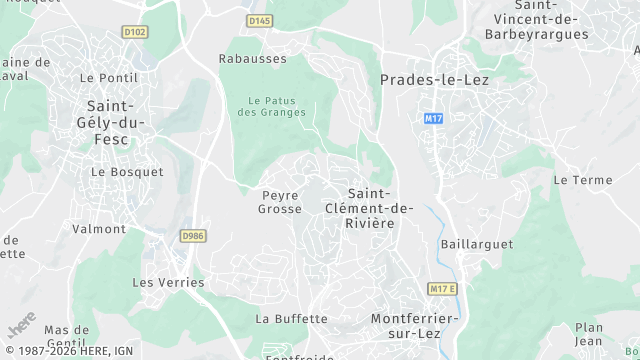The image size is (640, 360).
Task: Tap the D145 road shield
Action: (x=259, y=20)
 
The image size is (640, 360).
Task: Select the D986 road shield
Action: (x=193, y=236)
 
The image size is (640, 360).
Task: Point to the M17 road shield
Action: (x=433, y=118)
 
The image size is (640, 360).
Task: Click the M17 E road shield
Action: (x=441, y=289)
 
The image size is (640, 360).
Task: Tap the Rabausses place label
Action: (x=252, y=59)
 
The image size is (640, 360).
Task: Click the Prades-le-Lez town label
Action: (x=434, y=79)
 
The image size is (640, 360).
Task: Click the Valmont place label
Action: (x=99, y=229)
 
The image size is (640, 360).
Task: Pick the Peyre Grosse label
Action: (x=280, y=202)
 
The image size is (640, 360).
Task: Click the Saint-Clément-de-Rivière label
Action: (x=369, y=208)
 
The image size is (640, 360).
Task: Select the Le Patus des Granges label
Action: (x=277, y=106)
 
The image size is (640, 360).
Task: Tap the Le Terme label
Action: (x=582, y=180)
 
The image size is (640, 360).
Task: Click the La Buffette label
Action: (x=291, y=319)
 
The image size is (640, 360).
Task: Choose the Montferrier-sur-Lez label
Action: (x=414, y=325)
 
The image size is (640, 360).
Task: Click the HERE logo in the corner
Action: (x=21, y=325)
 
